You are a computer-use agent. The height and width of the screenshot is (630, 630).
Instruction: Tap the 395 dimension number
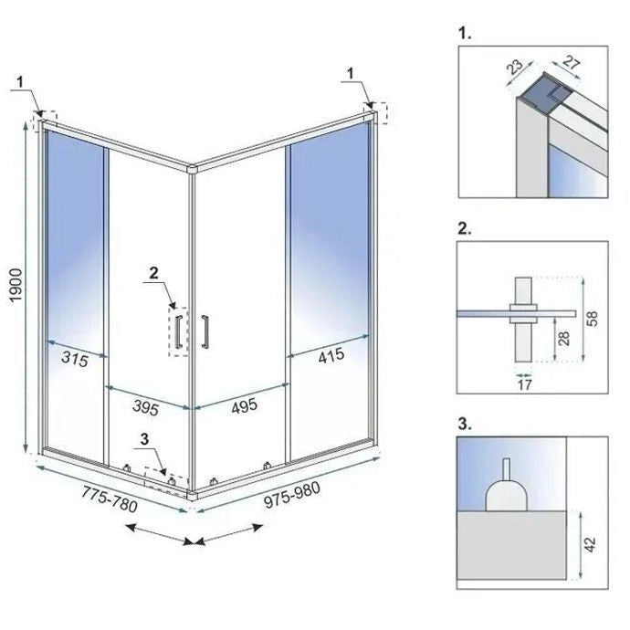(148, 404)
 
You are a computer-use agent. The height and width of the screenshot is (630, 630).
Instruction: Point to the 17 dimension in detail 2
(523, 384)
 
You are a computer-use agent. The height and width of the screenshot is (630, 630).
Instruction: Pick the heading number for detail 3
(466, 423)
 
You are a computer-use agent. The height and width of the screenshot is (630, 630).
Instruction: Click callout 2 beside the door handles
(154, 272)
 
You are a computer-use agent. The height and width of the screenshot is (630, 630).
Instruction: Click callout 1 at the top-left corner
(20, 81)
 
